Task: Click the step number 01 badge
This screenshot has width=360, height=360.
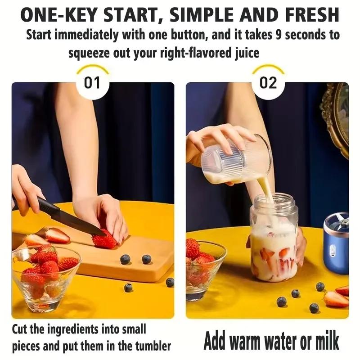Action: point(92,83)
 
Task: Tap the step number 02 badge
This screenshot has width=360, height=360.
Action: point(268,83)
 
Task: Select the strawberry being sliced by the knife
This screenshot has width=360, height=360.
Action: point(104,240)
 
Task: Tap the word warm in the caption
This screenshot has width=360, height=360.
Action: point(254,341)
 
